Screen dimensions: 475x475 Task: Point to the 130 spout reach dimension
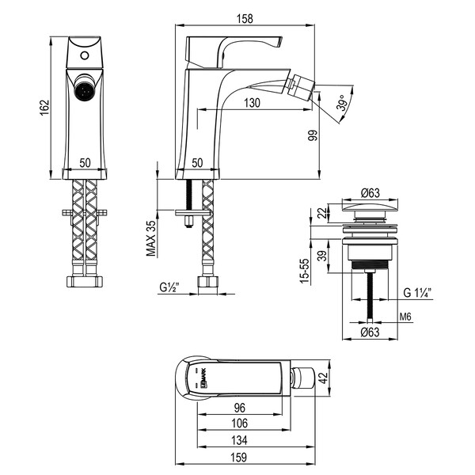(251, 103)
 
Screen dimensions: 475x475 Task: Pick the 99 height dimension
(313, 135)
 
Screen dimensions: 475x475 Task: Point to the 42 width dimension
(321, 378)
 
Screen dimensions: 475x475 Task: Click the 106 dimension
(239, 425)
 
